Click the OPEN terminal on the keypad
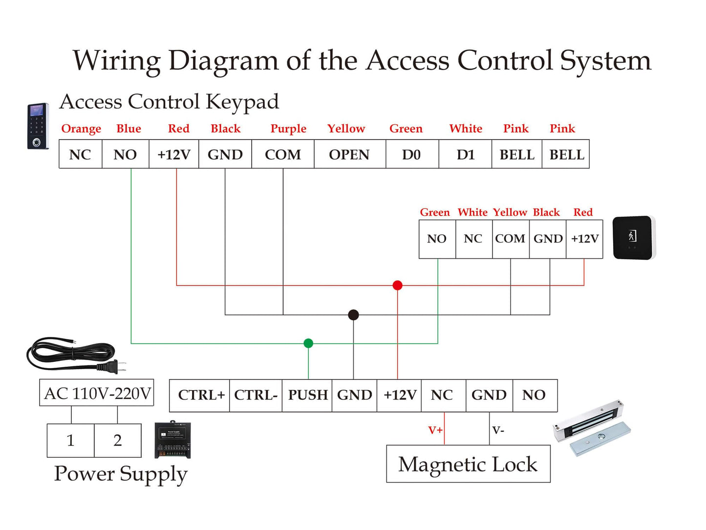click(x=349, y=155)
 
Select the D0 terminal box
click(x=412, y=155)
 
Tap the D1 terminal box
click(x=465, y=155)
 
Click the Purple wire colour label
click(x=288, y=129)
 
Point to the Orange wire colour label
click(x=81, y=129)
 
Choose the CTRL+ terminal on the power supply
click(x=200, y=395)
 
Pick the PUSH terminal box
click(x=307, y=395)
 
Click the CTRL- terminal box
click(x=256, y=395)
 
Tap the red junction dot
click(x=398, y=286)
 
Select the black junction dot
click(x=353, y=315)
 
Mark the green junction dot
click(x=308, y=343)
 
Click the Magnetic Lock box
click(x=468, y=464)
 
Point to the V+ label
click(x=435, y=430)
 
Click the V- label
click(x=498, y=430)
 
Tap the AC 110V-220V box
click(x=97, y=393)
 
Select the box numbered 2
click(x=117, y=440)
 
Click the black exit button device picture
click(x=634, y=238)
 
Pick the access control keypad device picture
click(x=38, y=126)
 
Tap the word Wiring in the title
click(x=116, y=61)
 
